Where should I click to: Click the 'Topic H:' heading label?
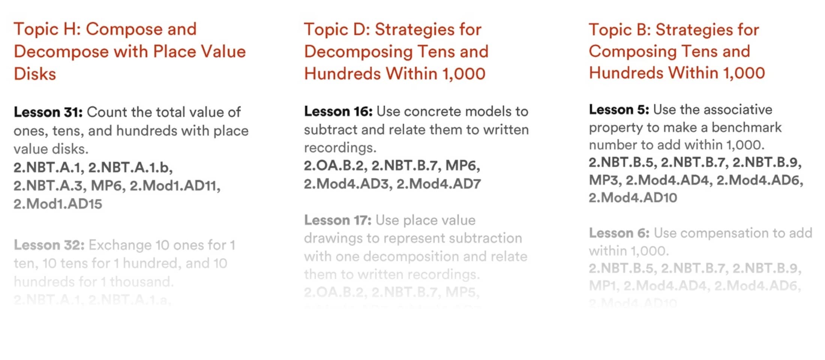coord(47,30)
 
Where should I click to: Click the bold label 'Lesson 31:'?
coord(48,112)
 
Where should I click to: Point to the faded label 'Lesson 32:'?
coord(49,245)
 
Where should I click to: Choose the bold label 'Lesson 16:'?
coord(338,111)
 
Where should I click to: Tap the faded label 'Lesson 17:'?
coord(337,220)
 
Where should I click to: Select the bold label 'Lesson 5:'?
coord(619,109)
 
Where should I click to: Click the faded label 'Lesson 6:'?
coord(619,233)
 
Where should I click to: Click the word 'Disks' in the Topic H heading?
coord(35,74)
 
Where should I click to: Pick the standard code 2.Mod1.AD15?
coord(58,204)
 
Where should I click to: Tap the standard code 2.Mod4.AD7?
coord(438,184)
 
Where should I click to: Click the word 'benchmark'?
coord(746,127)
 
